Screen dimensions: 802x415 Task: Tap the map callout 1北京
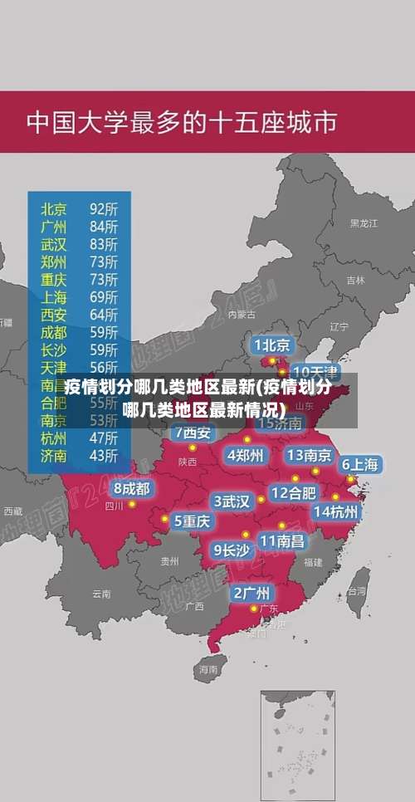click(x=272, y=345)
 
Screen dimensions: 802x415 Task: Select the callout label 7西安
click(x=193, y=433)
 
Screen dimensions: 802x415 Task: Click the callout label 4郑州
click(x=245, y=455)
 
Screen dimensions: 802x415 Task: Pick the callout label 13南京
click(x=310, y=455)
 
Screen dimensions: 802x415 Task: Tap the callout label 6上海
click(x=360, y=464)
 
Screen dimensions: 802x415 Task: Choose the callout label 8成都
click(x=133, y=488)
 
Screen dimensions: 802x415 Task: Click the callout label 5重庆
click(x=192, y=521)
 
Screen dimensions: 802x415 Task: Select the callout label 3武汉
click(x=232, y=501)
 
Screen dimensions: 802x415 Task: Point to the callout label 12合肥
click(x=294, y=492)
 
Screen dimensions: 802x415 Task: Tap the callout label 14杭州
click(x=336, y=511)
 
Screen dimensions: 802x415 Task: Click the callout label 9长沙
click(x=232, y=549)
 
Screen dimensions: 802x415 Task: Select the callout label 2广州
click(x=251, y=593)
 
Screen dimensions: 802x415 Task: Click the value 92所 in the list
click(x=104, y=208)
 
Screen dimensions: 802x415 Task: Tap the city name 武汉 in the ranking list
click(x=54, y=243)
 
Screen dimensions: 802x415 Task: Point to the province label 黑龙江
click(x=363, y=223)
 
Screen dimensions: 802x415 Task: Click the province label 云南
click(x=101, y=594)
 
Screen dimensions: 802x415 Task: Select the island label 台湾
click(x=356, y=592)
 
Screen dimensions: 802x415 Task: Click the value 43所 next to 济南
click(x=104, y=455)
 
